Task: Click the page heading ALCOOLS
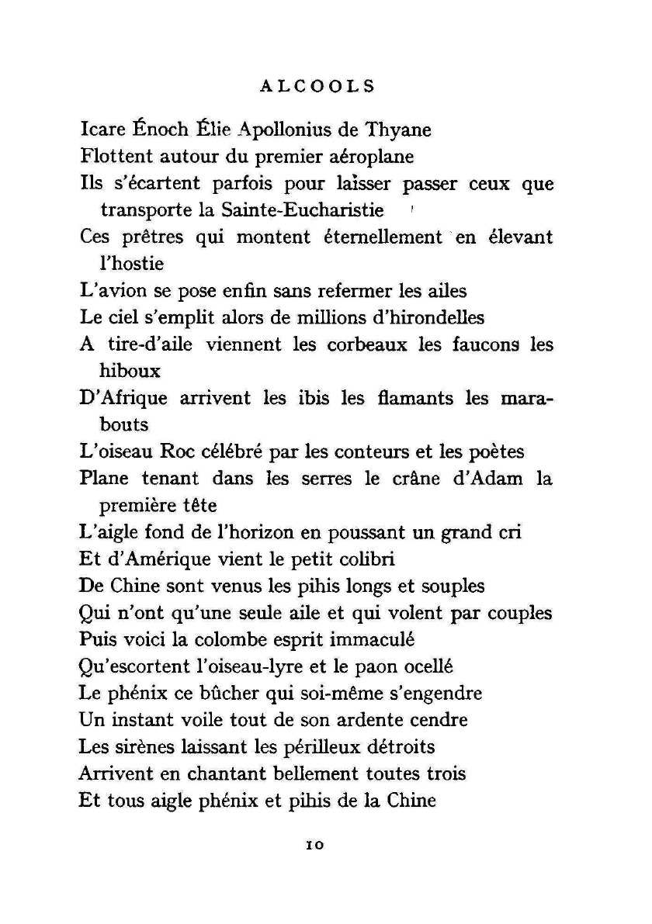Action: pyautogui.click(x=317, y=86)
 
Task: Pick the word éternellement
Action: pyautogui.click(x=381, y=237)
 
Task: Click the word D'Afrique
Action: pyautogui.click(x=123, y=398)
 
